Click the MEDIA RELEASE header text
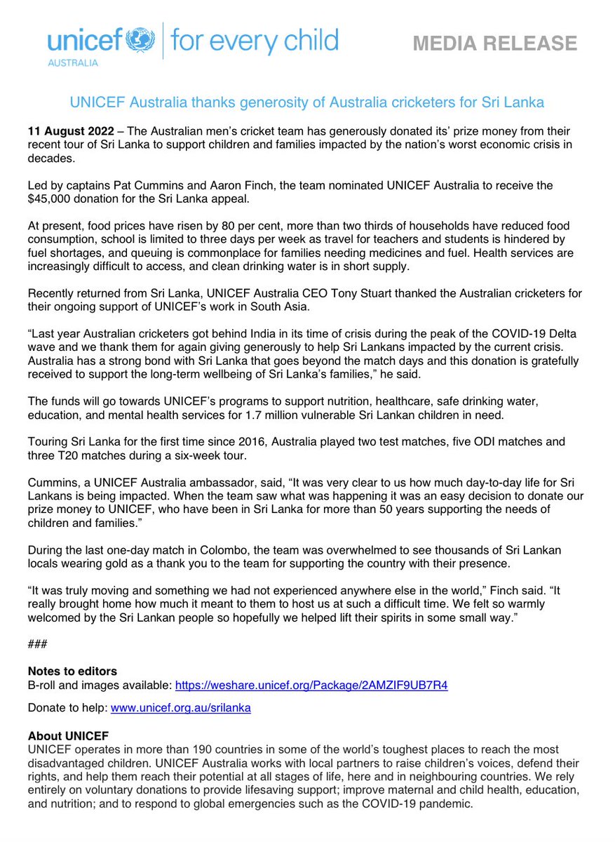click(x=494, y=44)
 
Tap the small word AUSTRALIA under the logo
click(x=73, y=62)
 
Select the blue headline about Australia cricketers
click(x=307, y=102)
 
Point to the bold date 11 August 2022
click(x=67, y=132)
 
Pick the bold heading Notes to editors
click(x=72, y=671)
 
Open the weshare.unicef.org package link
click(x=311, y=686)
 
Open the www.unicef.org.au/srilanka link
click(x=180, y=709)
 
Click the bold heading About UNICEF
click(x=68, y=736)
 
